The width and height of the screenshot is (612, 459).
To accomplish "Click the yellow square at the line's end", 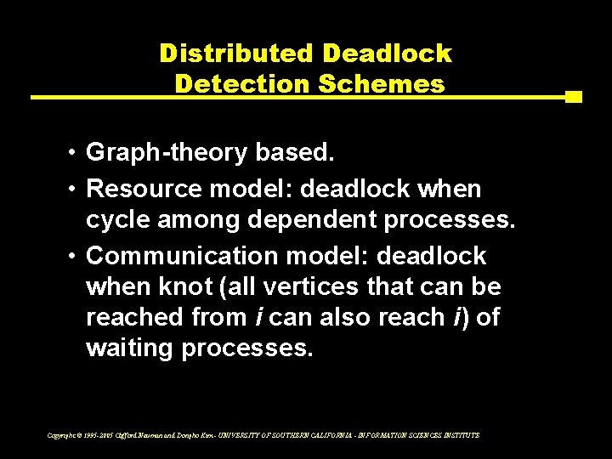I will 573,97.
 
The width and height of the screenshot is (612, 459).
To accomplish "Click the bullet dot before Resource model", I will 75,188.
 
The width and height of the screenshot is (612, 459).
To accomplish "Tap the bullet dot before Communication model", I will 75,256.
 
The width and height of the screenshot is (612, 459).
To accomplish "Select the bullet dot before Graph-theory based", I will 75,153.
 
